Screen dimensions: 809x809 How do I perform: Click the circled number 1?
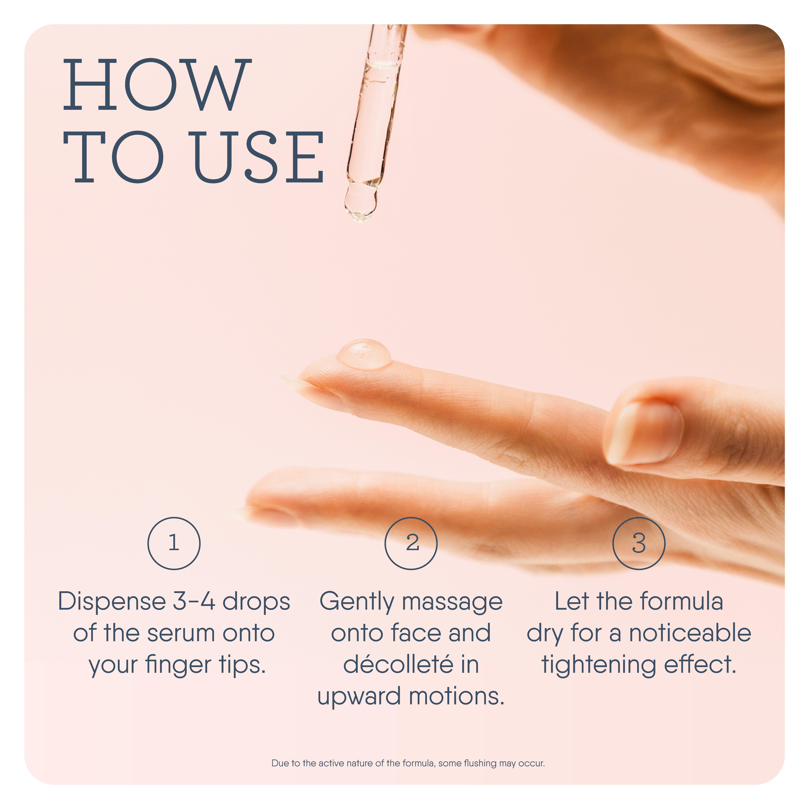point(174,543)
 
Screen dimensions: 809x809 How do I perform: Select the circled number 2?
point(411,543)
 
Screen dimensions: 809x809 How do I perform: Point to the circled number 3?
point(639,543)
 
